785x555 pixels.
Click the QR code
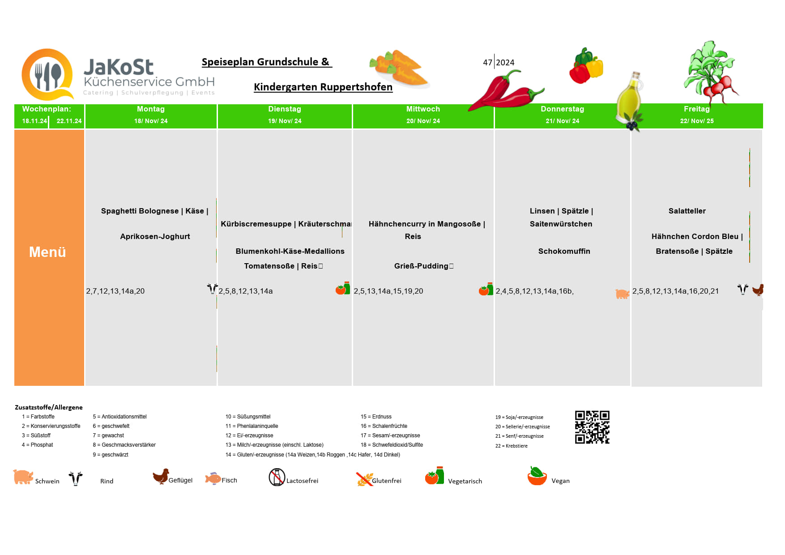[x=592, y=427]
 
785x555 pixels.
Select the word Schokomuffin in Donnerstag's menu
[x=564, y=251]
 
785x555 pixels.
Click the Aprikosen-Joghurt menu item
[x=155, y=236]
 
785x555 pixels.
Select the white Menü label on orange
[x=47, y=252]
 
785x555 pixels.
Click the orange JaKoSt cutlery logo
[x=47, y=74]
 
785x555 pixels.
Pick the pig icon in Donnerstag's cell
[x=622, y=294]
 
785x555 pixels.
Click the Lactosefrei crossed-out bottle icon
[x=277, y=477]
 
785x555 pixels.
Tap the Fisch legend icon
[x=213, y=478]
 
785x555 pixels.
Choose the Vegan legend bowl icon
[x=537, y=476]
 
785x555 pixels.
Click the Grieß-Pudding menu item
[x=421, y=266]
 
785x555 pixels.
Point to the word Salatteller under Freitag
[x=687, y=211]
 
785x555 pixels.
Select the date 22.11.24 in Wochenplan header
[x=69, y=121]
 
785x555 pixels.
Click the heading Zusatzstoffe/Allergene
[x=49, y=407]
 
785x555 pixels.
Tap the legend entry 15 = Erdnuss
[x=376, y=417]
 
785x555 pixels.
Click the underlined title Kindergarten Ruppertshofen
[x=323, y=87]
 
